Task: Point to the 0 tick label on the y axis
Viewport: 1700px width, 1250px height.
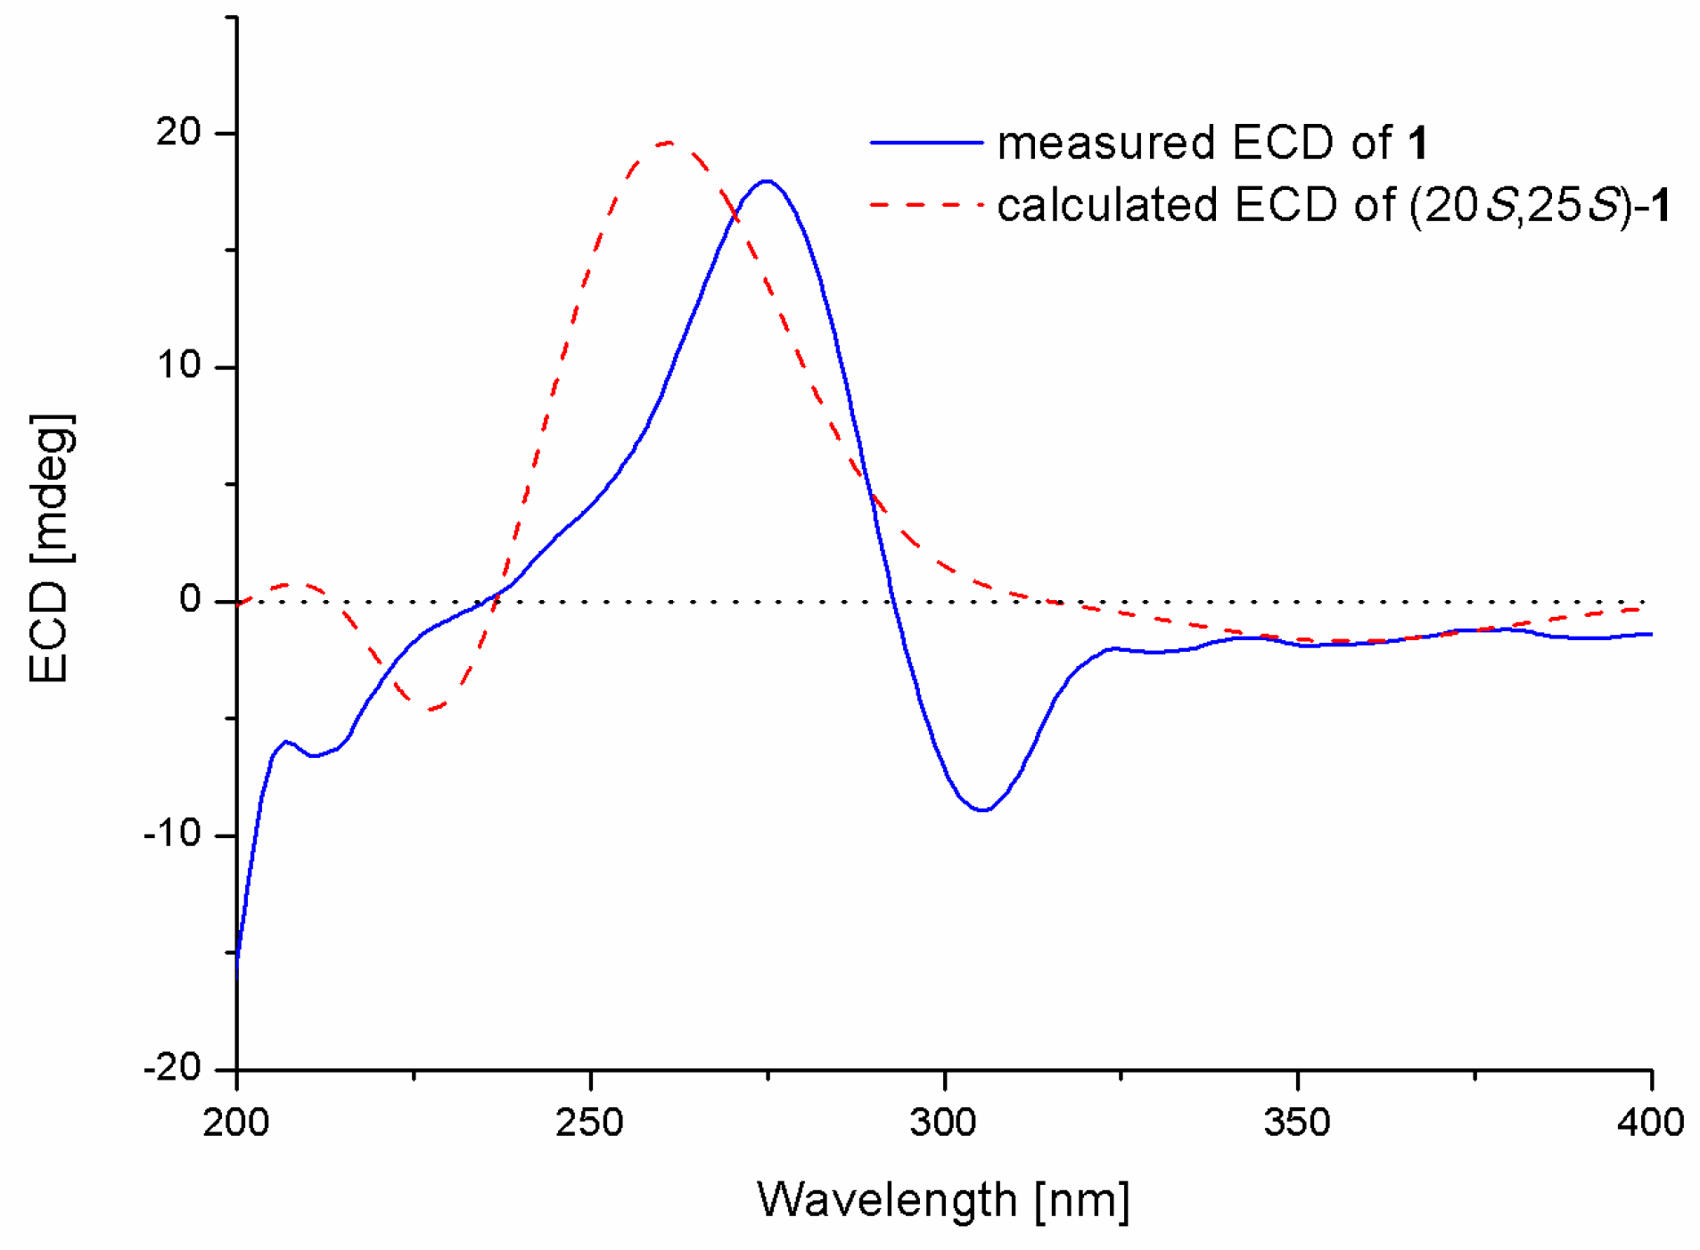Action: [191, 600]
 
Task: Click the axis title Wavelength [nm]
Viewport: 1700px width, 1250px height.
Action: [943, 1200]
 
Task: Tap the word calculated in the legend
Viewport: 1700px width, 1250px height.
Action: [1106, 206]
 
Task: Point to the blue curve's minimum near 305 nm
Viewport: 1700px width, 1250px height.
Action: [982, 810]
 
